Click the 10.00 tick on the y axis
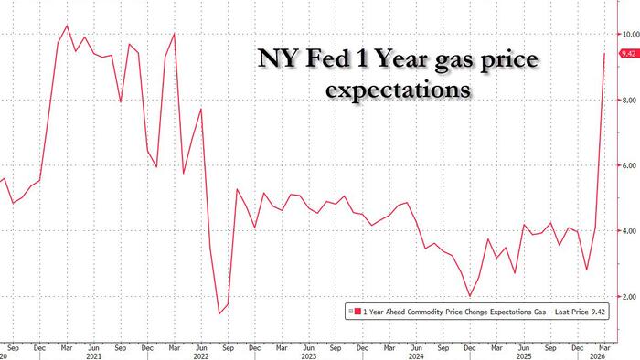point(629,34)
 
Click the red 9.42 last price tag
point(629,54)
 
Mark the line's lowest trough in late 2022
point(219,313)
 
